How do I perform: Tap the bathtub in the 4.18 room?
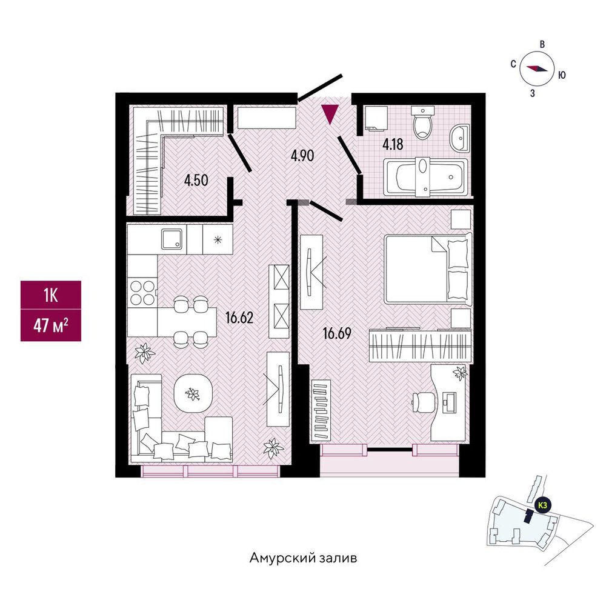(x=425, y=177)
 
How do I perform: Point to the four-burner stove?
(x=142, y=293)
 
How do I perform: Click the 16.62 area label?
(x=239, y=318)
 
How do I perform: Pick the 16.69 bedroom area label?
(x=337, y=333)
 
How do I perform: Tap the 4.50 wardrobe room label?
(x=196, y=180)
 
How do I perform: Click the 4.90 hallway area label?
(x=302, y=155)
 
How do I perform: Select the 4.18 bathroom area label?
(x=393, y=145)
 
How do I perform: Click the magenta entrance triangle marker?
(x=330, y=114)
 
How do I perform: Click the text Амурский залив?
(x=303, y=558)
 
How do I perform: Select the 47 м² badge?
(x=51, y=325)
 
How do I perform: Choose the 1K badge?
(x=51, y=296)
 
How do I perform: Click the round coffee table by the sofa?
(x=193, y=394)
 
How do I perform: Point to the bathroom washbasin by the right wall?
(x=459, y=137)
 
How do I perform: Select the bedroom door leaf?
(x=327, y=211)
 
